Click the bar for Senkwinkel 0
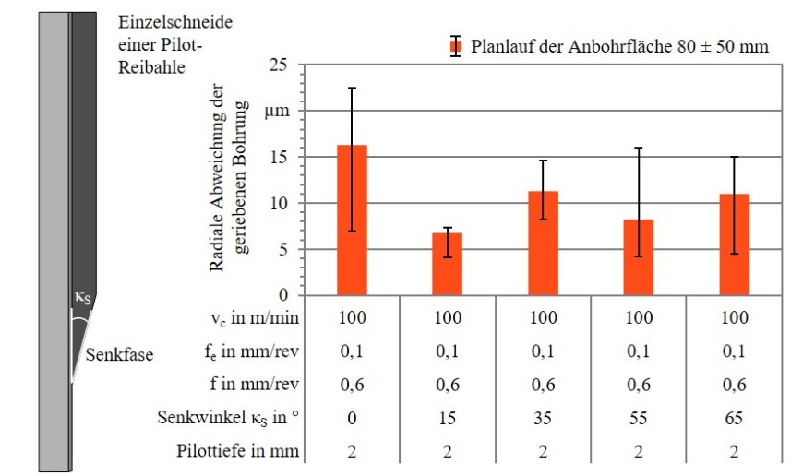click(x=353, y=221)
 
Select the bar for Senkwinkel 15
click(x=448, y=264)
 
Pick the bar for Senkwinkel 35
click(x=543, y=244)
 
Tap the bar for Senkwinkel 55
click(x=638, y=257)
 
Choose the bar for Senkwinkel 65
click(x=735, y=244)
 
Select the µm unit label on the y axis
click(x=277, y=112)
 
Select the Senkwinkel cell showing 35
click(x=543, y=418)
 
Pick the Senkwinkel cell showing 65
click(x=735, y=418)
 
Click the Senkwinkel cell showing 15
click(x=448, y=418)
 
